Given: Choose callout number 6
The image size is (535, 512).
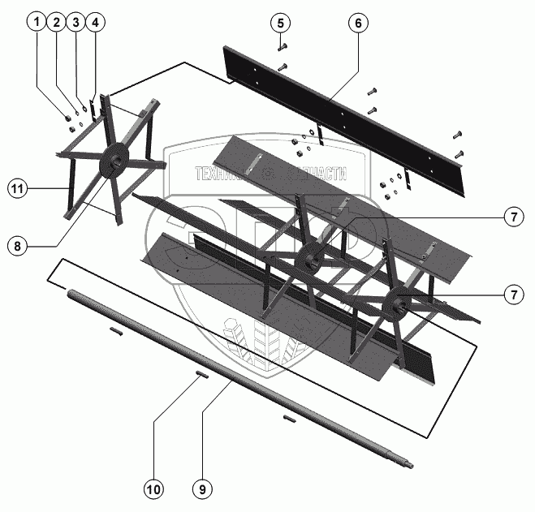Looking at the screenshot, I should point(356,23).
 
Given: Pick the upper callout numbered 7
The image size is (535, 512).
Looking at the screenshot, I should point(511,217).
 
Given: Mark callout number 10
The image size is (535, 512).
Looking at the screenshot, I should point(153,489).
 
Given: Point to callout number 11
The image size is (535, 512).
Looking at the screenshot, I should point(15,188).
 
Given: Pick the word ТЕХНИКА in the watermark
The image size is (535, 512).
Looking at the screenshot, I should point(219,173).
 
